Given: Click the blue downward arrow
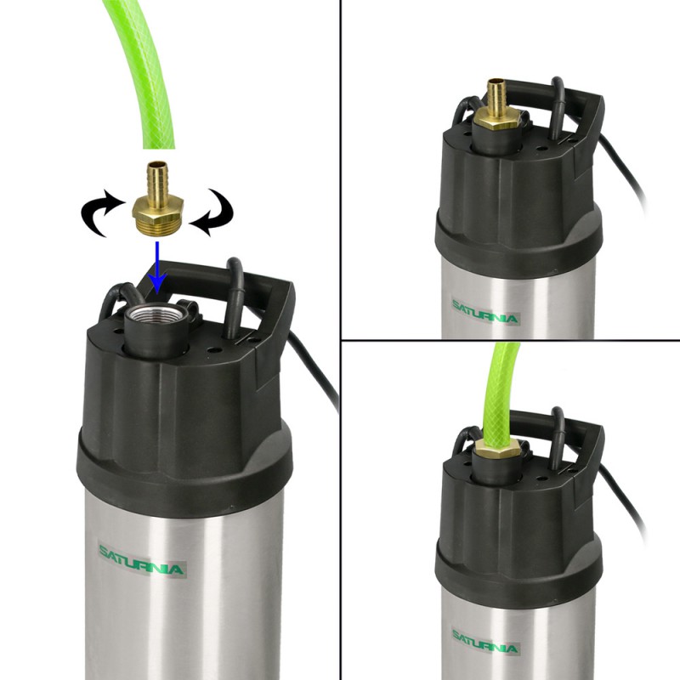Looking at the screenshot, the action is tap(157, 267).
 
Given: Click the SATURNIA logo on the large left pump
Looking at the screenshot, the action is tap(141, 561).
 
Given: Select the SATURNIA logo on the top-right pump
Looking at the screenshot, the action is tap(485, 311).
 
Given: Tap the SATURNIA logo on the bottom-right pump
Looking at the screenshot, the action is tap(485, 643).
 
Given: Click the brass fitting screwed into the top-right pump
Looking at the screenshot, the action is tap(496, 105).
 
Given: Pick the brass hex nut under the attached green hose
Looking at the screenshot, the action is tap(497, 448).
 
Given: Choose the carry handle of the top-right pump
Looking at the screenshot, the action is tap(559, 96).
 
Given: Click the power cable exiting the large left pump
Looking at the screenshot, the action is tap(314, 369).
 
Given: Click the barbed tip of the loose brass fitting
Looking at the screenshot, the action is tap(157, 178).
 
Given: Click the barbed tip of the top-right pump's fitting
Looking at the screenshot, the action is tap(496, 93).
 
